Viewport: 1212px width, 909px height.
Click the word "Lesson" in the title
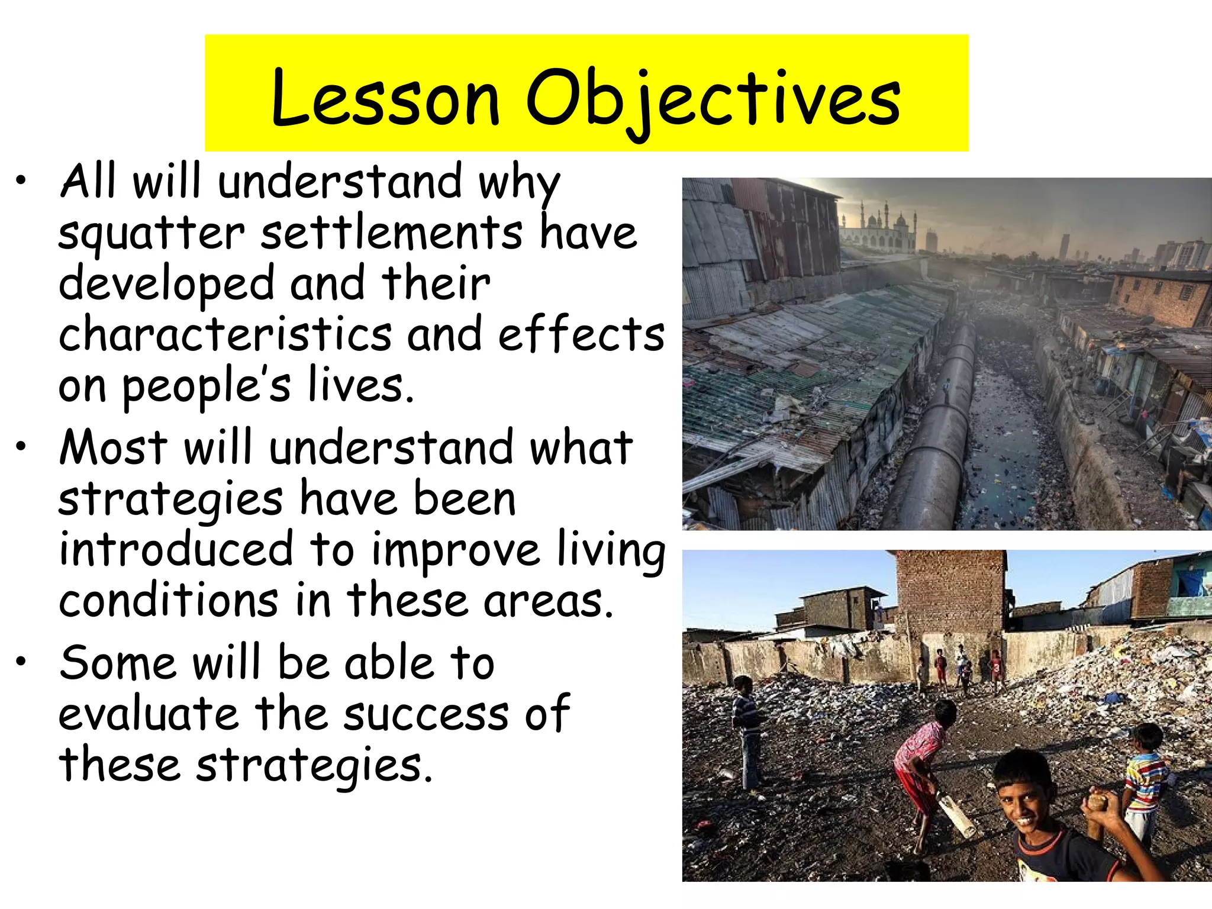click(385, 98)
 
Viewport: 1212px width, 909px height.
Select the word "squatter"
click(151, 234)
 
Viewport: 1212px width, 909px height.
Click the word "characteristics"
click(225, 334)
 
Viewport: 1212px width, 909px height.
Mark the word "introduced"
click(176, 549)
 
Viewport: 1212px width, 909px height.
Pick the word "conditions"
click(169, 600)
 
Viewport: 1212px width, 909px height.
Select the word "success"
click(426, 714)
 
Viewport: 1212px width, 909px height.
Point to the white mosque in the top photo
click(879, 228)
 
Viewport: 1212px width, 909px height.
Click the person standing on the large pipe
click(946, 391)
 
